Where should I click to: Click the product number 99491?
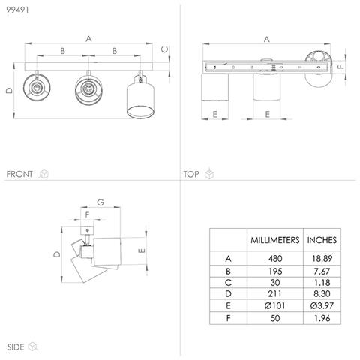click(x=17, y=10)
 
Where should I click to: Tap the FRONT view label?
click(x=19, y=174)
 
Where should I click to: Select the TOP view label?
click(x=191, y=174)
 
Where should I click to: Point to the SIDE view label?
click(x=16, y=346)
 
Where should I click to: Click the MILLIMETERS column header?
click(x=275, y=240)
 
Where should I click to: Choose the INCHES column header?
click(x=322, y=240)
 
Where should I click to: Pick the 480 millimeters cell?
click(x=275, y=258)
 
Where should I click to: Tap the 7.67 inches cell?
click(x=322, y=271)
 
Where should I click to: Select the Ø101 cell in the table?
click(x=274, y=305)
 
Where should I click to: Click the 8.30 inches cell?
click(x=322, y=293)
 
